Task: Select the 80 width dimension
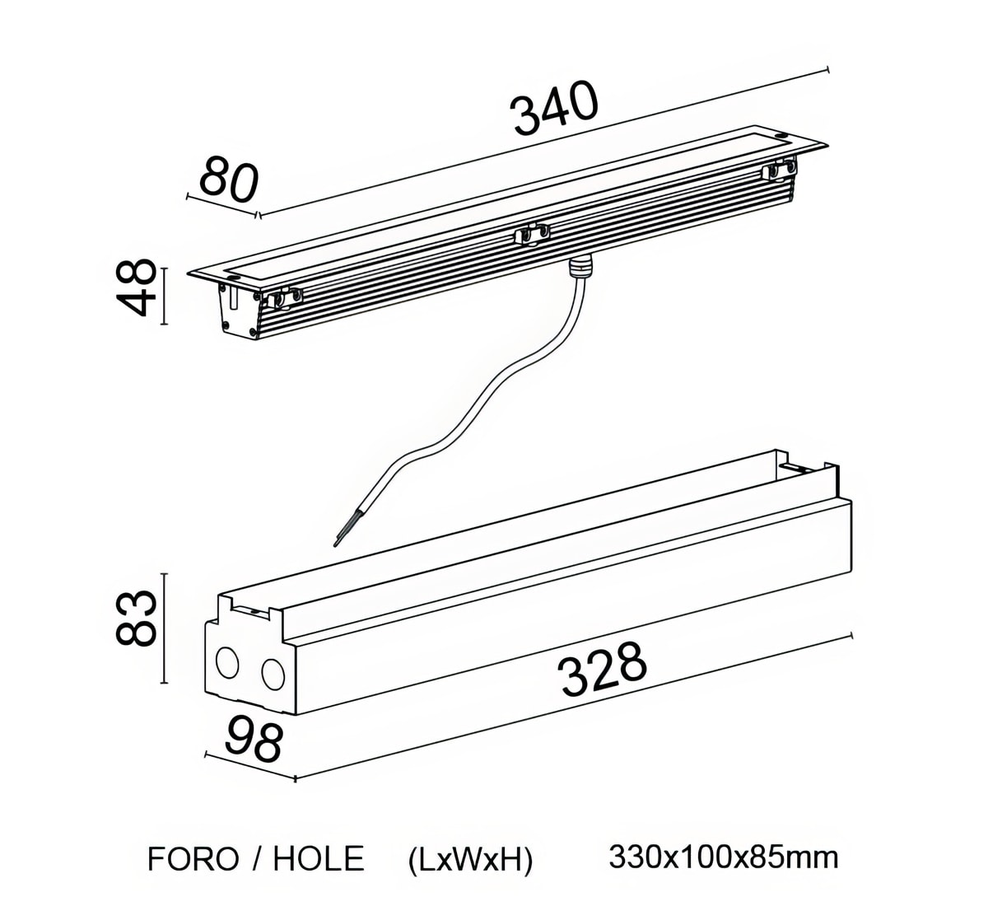click(x=228, y=180)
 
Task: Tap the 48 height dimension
click(x=134, y=287)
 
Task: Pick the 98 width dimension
click(x=253, y=739)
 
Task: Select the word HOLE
click(x=318, y=859)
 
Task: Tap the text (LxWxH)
click(x=471, y=859)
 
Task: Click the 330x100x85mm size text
click(x=724, y=857)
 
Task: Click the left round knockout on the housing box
click(x=227, y=661)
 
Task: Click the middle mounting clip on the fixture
click(x=532, y=236)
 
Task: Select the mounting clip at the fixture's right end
click(x=781, y=169)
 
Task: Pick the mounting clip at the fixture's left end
click(x=281, y=298)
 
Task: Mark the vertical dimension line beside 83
click(x=165, y=628)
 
